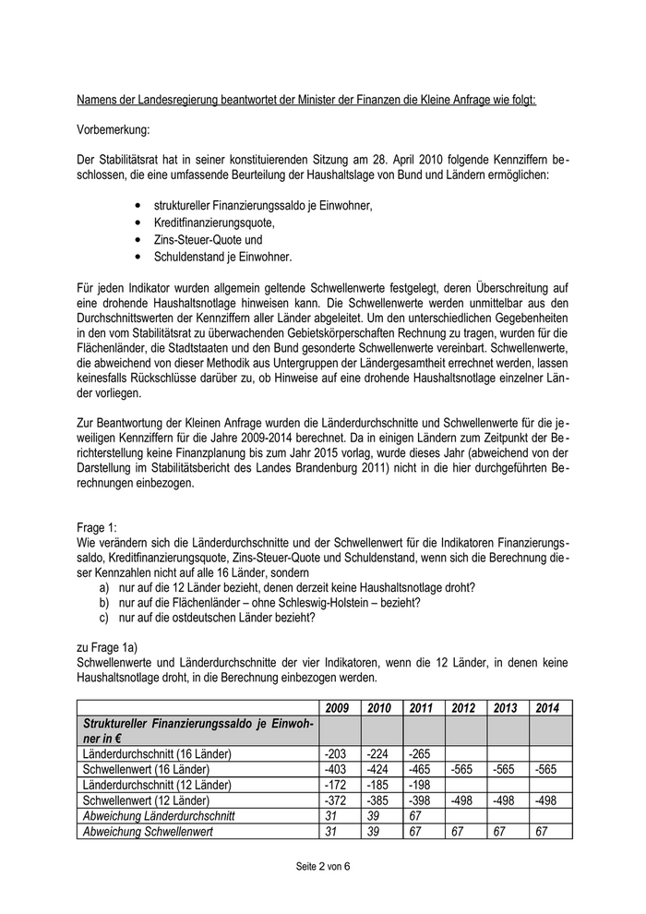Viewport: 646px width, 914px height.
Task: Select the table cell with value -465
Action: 422,769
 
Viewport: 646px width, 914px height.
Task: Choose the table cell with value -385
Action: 378,800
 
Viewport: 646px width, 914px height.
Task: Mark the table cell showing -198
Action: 421,784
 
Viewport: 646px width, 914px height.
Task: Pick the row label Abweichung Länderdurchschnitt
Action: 159,815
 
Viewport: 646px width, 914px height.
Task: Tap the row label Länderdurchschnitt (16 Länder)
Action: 157,753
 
